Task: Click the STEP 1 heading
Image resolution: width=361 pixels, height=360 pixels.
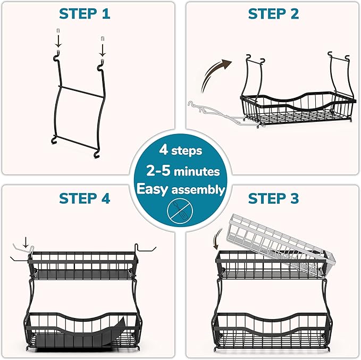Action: pos(85,13)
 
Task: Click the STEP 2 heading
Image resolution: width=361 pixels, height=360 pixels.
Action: pos(273,13)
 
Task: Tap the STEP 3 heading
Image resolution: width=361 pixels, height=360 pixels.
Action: pos(273,198)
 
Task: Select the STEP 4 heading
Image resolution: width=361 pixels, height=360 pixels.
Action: pos(85,198)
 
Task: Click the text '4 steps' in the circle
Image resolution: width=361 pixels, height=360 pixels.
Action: pos(180,150)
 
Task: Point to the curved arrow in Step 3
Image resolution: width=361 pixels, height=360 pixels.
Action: pos(217,237)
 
